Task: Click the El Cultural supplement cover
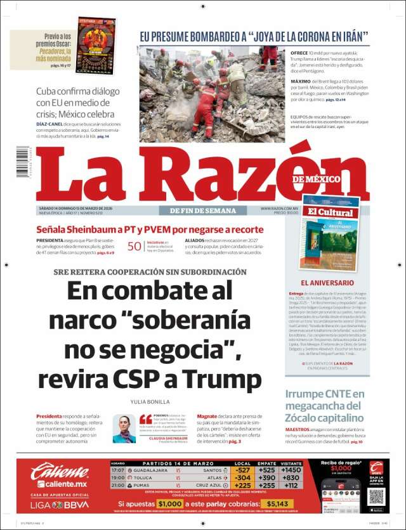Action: click(330, 233)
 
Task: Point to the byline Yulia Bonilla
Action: click(150, 401)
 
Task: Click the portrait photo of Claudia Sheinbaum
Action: click(124, 429)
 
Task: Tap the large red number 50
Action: click(134, 248)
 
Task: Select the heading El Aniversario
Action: click(327, 282)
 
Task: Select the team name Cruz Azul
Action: click(211, 485)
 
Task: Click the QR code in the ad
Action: click(376, 496)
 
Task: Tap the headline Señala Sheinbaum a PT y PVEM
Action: click(149, 229)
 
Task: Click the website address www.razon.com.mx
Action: click(280, 209)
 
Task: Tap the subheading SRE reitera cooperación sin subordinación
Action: click(141, 271)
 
